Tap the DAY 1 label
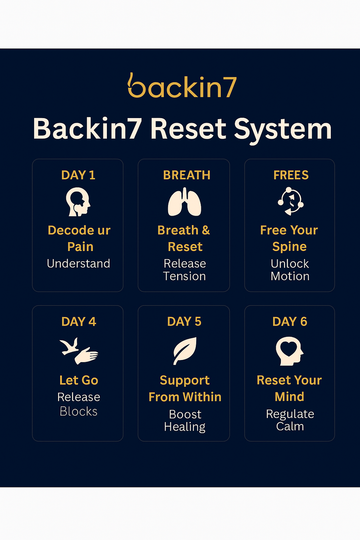(x=78, y=175)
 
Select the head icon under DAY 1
(x=78, y=202)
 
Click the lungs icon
(x=184, y=202)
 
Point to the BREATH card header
(x=186, y=175)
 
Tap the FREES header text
(x=291, y=175)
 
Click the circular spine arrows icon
(x=291, y=201)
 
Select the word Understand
(x=78, y=264)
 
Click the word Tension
(x=184, y=276)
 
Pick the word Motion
(x=290, y=276)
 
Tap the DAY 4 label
(x=78, y=321)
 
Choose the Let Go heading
(x=78, y=380)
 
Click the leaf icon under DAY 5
(x=185, y=351)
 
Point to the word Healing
(x=185, y=427)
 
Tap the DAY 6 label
(x=289, y=321)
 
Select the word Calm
(x=290, y=426)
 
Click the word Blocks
(x=78, y=411)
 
